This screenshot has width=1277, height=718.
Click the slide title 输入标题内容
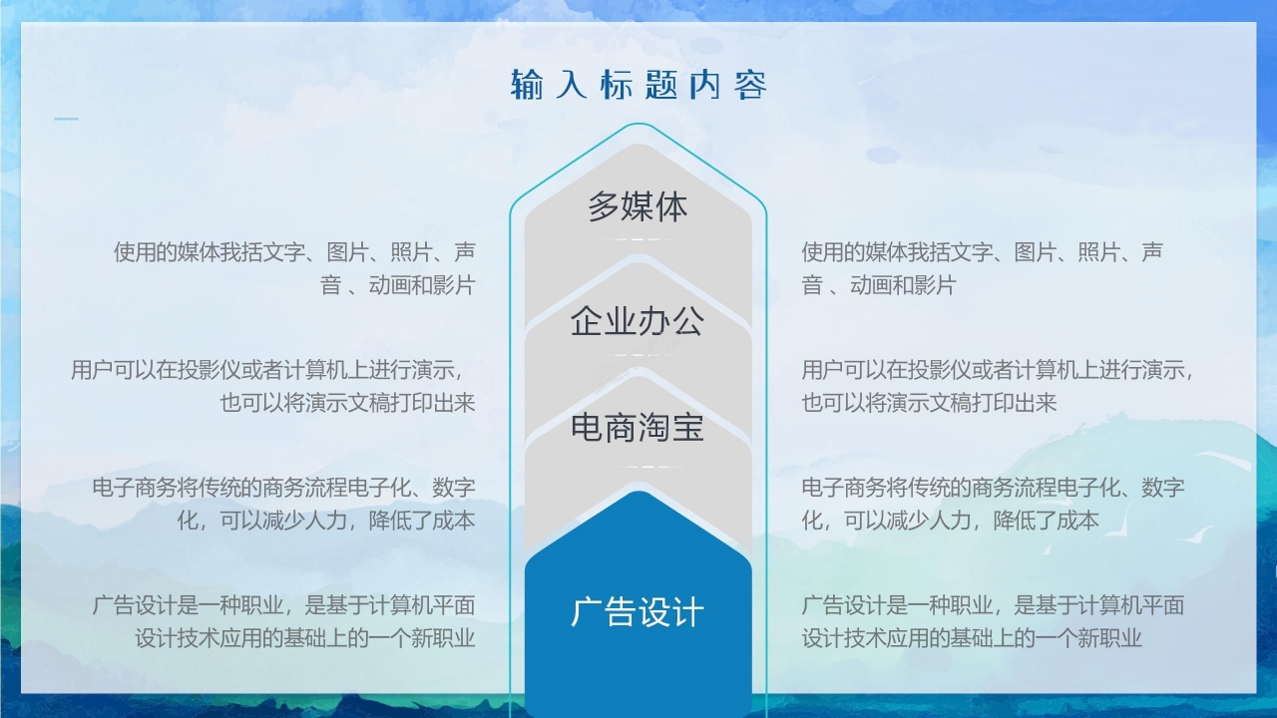(638, 85)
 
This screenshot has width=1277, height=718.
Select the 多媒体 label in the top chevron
(638, 207)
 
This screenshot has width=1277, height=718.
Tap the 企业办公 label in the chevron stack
(638, 321)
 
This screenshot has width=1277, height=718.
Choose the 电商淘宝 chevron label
(638, 428)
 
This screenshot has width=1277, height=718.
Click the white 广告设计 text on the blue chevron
(638, 611)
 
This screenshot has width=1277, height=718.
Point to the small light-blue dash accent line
(66, 120)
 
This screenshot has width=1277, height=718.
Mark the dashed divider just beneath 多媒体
(638, 240)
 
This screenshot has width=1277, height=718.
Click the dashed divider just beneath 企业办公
(638, 354)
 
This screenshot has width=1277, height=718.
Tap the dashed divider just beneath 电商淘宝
(638, 467)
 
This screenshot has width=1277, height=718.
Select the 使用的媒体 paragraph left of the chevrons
(294, 268)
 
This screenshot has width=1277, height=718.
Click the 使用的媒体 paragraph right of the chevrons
(982, 268)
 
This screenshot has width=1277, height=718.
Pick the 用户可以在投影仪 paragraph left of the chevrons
(272, 386)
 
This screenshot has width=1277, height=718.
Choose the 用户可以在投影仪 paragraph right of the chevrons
(998, 386)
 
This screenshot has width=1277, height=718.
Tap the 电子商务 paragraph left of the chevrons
(283, 504)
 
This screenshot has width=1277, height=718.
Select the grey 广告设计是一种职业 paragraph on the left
(283, 621)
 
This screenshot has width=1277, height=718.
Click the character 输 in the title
(527, 85)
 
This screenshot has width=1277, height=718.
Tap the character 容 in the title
(750, 85)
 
